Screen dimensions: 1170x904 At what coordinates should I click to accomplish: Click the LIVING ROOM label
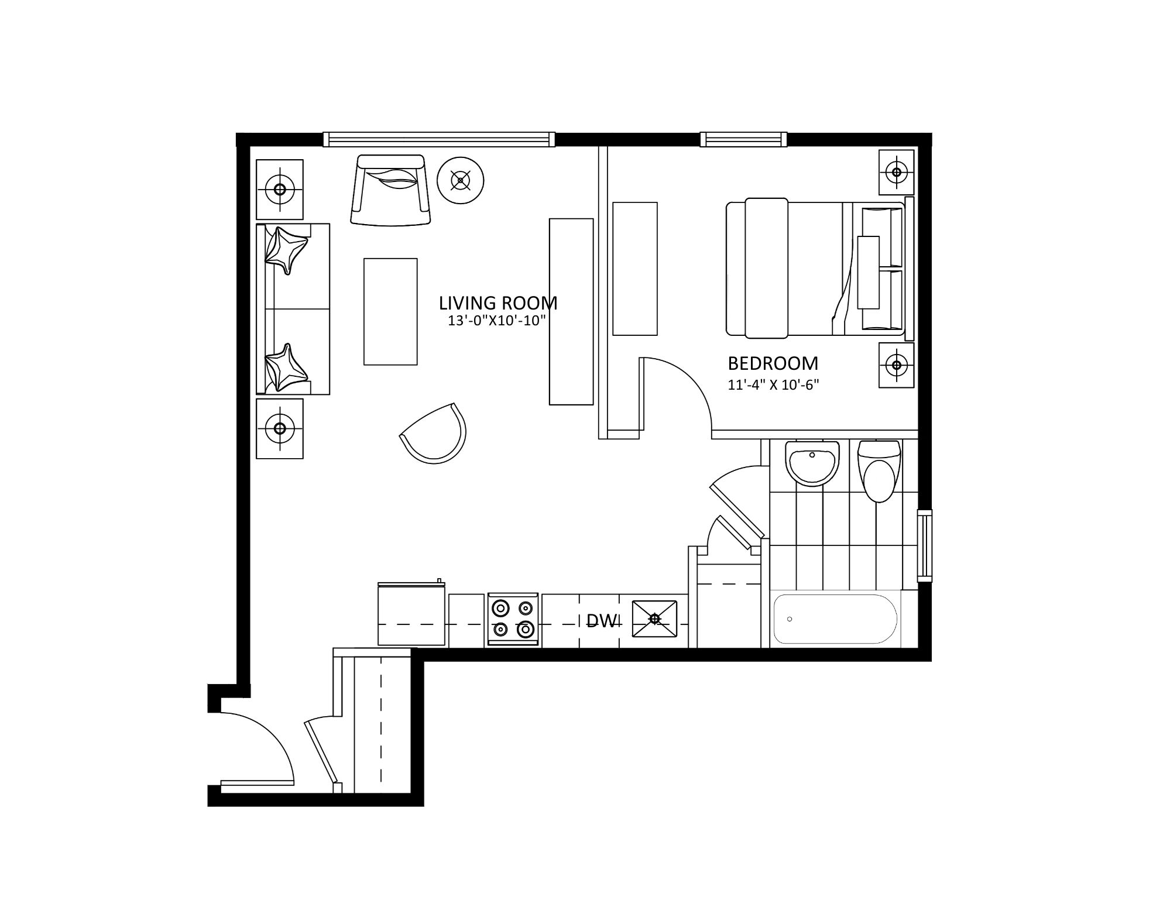pyautogui.click(x=498, y=303)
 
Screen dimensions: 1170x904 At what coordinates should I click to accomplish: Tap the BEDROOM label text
pyautogui.click(x=773, y=363)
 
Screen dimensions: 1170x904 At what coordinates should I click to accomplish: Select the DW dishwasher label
pyautogui.click(x=602, y=621)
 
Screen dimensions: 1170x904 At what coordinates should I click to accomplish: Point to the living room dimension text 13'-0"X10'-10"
pyautogui.click(x=496, y=321)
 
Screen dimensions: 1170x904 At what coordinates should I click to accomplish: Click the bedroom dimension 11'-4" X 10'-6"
pyautogui.click(x=773, y=385)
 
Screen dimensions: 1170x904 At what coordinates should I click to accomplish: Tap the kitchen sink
pyautogui.click(x=654, y=618)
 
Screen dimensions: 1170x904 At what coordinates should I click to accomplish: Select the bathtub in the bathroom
pyautogui.click(x=835, y=619)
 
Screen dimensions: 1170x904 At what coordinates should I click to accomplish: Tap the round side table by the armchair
pyautogui.click(x=461, y=181)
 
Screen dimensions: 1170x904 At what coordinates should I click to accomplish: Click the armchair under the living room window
pyautogui.click(x=390, y=190)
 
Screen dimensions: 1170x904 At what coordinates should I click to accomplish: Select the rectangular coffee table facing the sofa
pyautogui.click(x=390, y=312)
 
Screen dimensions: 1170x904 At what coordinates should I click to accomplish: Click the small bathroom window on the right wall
pyautogui.click(x=924, y=545)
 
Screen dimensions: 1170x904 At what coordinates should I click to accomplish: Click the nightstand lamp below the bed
pyautogui.click(x=896, y=365)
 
